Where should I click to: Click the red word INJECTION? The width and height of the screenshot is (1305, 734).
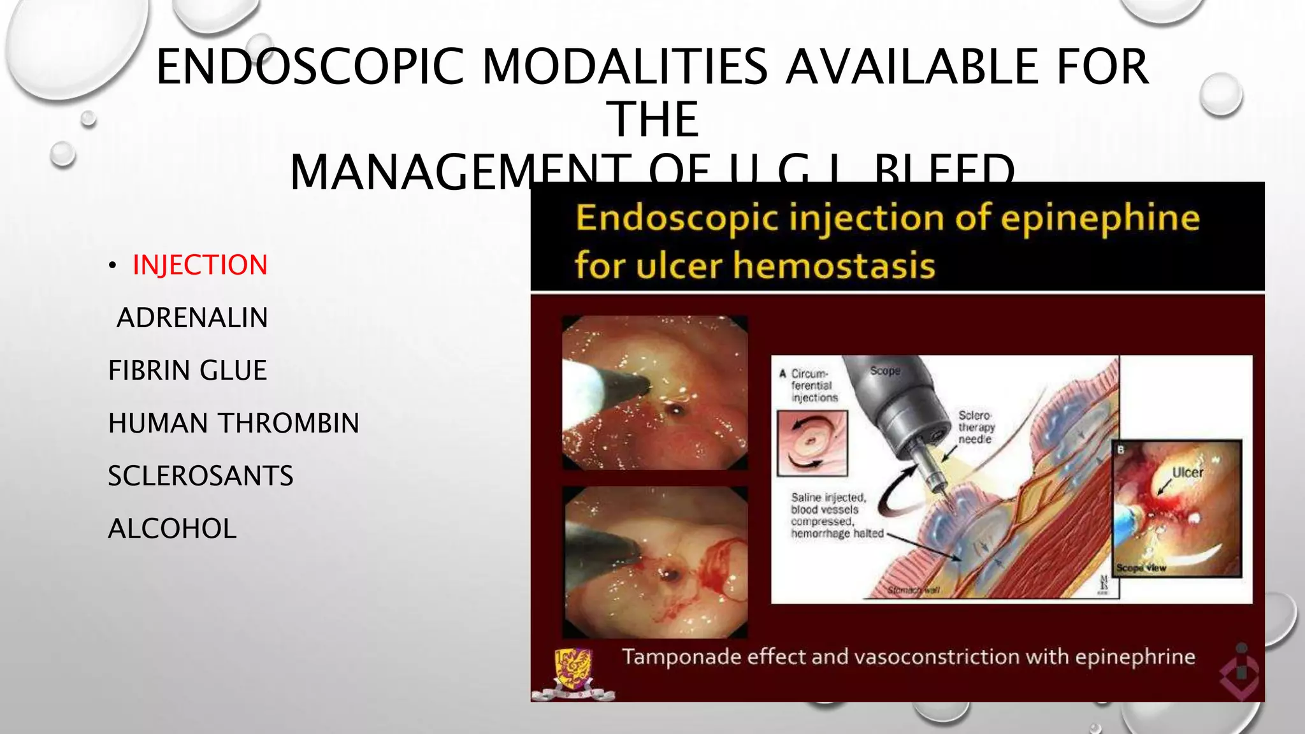[x=199, y=265]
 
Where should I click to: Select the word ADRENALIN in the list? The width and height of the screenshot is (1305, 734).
[x=192, y=318]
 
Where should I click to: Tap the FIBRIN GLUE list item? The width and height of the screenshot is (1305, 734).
[x=187, y=371]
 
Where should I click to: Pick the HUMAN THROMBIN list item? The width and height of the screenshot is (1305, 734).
[x=233, y=424]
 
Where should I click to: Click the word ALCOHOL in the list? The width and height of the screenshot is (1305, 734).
[x=172, y=529]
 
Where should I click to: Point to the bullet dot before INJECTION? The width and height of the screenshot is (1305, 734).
[x=112, y=266]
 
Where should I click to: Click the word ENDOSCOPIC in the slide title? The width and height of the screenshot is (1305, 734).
[x=310, y=67]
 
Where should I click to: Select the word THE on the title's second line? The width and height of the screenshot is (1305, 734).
[x=656, y=120]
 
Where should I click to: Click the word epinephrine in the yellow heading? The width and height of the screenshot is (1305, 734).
[x=1100, y=218]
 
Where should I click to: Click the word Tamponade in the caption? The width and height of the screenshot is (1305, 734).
[x=682, y=657]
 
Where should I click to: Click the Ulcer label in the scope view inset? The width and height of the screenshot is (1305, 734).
[x=1187, y=473]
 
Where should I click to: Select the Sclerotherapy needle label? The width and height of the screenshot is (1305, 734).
[x=976, y=427]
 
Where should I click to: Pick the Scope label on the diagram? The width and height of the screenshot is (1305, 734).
[x=884, y=371]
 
